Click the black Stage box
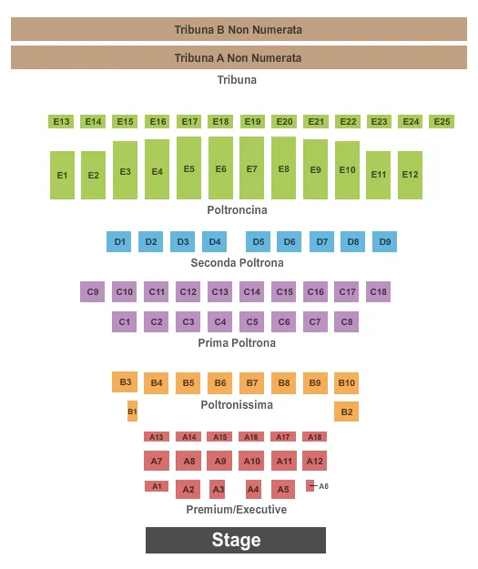pos(236,540)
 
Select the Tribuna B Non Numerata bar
pos(239,29)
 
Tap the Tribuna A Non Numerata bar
pos(239,57)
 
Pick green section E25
pos(442,121)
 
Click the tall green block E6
pos(220,168)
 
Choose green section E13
pos(61,121)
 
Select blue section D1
pos(120,241)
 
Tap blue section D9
pos(384,241)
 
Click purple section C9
pos(92,291)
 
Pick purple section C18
pos(378,291)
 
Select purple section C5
pos(252,321)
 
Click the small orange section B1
pos(132,412)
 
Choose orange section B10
pos(346,382)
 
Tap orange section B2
pos(346,412)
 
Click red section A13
pos(157,437)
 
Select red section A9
pos(220,461)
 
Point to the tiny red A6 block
pos(310,485)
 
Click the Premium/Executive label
pos(237,509)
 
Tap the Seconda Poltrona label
pos(237,262)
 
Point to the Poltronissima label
pos(237,404)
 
